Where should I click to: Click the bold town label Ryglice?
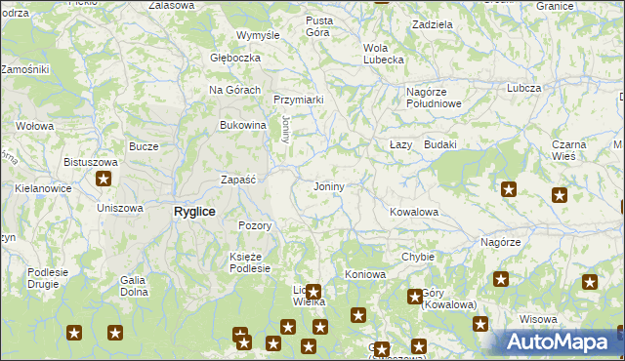tap(194, 212)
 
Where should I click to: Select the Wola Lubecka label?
tap(383, 54)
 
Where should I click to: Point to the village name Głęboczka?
tap(235, 58)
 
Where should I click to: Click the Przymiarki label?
tap(298, 100)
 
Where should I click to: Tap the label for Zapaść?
tap(238, 180)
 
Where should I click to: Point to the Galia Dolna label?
tap(133, 286)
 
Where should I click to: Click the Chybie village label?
tap(417, 257)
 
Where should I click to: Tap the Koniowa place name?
tap(364, 273)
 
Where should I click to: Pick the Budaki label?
tap(440, 144)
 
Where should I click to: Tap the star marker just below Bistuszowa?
tap(104, 179)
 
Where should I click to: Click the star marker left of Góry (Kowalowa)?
tap(414, 297)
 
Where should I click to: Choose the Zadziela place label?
tap(432, 23)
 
